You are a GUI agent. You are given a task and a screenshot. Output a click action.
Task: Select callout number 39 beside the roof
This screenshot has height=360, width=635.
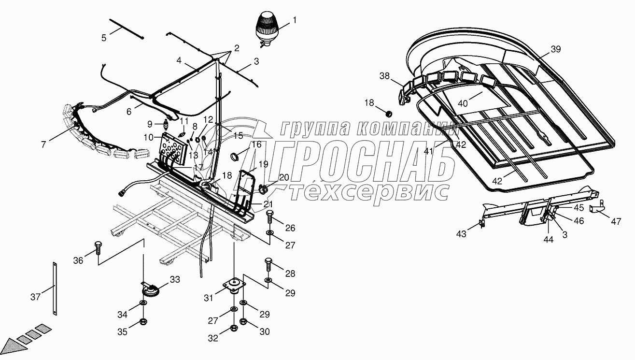point(556,49)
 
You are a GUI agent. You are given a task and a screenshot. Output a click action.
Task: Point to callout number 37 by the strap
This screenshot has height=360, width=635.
point(35,297)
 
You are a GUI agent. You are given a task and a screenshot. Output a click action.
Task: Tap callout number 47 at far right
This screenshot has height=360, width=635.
point(615,222)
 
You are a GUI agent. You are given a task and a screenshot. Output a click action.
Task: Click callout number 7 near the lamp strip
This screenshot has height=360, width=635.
point(43,144)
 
